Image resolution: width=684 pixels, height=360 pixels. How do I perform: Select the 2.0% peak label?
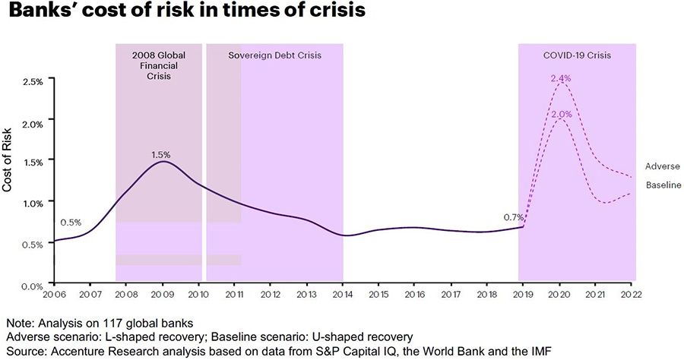[561, 114]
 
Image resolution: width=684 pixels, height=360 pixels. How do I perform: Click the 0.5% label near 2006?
[71, 223]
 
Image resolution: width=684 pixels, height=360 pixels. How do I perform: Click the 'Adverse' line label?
[662, 166]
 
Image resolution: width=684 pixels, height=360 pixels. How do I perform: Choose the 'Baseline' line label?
[662, 185]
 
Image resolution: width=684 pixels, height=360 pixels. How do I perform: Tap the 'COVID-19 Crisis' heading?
[577, 55]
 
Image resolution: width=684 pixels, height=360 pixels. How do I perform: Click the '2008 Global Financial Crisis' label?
[159, 66]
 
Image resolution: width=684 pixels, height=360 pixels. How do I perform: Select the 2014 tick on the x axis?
[342, 293]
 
